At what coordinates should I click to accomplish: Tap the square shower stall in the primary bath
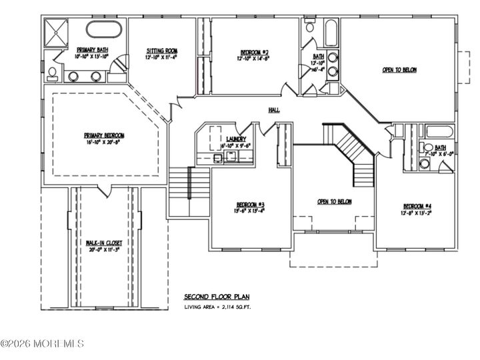(x=57, y=31)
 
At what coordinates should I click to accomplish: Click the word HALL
(x=273, y=110)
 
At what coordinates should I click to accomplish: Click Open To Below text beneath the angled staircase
(x=334, y=201)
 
